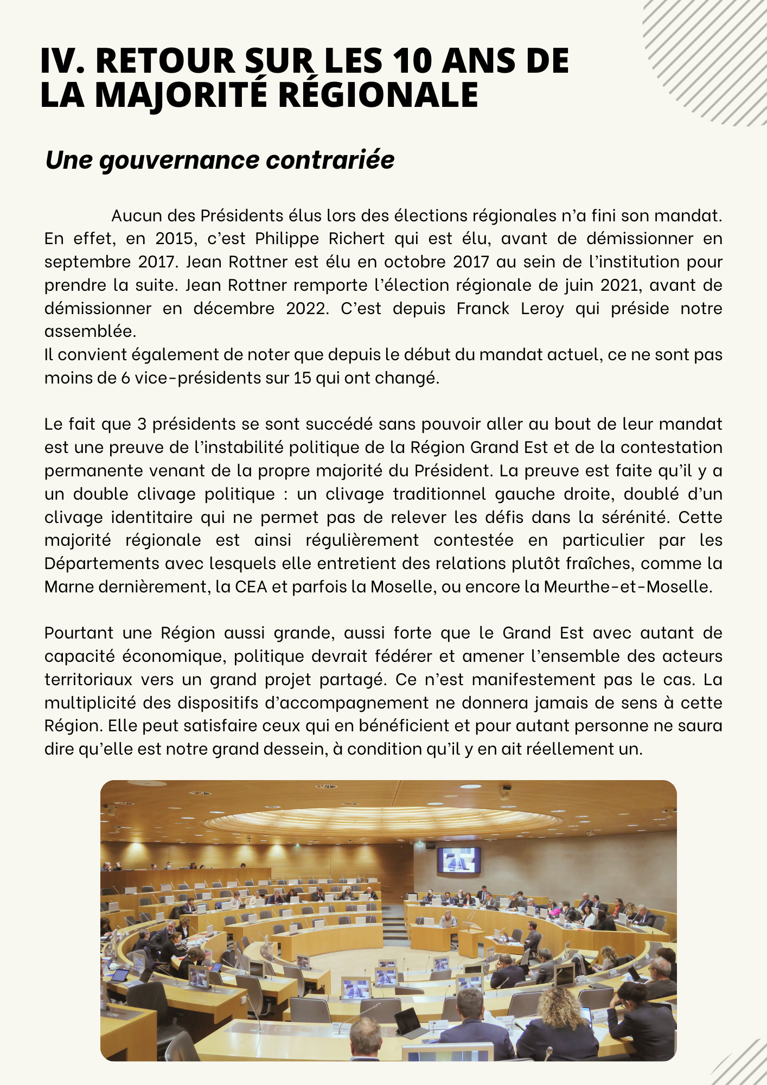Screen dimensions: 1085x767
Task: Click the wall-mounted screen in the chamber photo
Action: pos(458,860)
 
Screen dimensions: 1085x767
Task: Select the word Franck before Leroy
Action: pos(483,308)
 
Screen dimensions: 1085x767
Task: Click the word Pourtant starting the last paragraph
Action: pos(79,633)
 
